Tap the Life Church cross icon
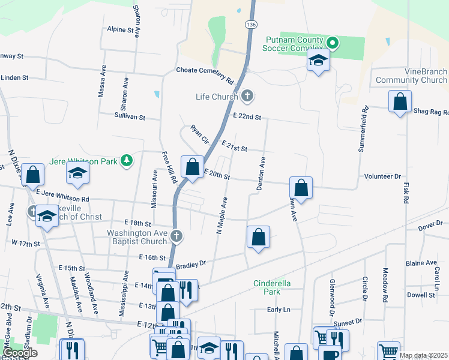[247, 96]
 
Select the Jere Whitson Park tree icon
[126, 160]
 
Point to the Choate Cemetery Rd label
[204, 70]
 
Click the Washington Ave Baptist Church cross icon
[176, 236]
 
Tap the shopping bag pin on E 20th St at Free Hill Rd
[192, 168]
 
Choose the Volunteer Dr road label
[382, 176]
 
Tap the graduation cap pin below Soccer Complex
[318, 61]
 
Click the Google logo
[19, 353]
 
